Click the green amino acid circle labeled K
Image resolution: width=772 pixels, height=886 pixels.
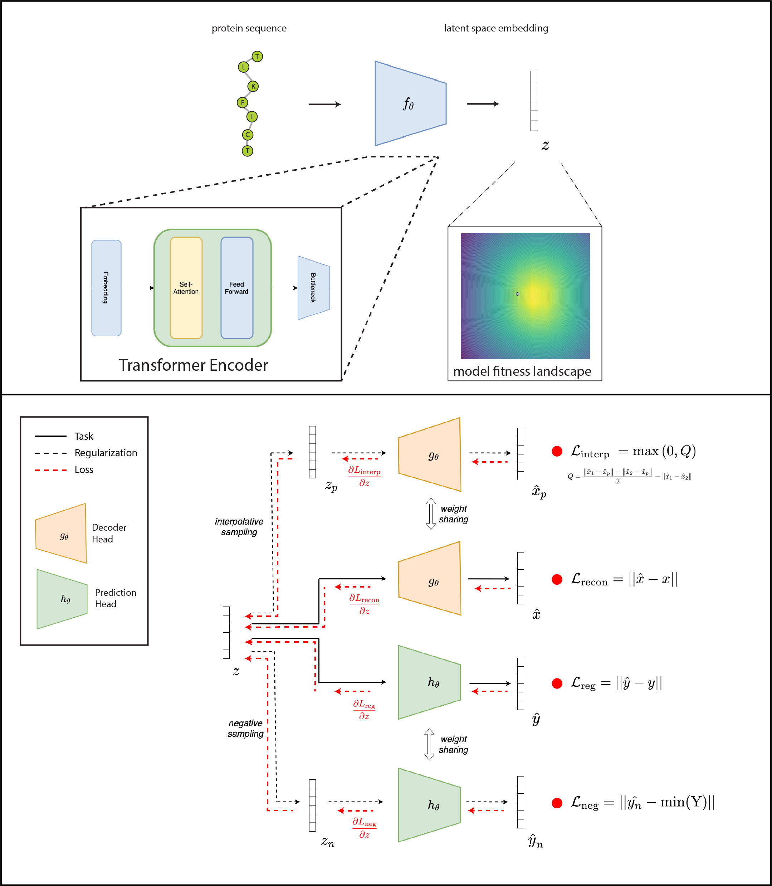click(253, 86)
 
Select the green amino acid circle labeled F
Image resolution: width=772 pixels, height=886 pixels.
click(243, 103)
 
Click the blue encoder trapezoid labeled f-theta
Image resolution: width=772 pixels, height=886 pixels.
click(410, 103)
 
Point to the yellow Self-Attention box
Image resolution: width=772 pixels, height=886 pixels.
click(186, 288)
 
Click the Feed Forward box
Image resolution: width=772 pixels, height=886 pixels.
click(236, 288)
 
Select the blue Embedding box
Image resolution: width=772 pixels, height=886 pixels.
click(106, 288)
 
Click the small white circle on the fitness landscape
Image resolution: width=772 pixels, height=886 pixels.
click(517, 294)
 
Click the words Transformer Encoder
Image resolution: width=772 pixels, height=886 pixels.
click(194, 365)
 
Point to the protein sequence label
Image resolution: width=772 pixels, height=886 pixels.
click(249, 28)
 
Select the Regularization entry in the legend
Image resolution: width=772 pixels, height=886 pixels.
click(106, 453)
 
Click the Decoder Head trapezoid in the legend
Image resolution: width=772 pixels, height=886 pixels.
click(61, 534)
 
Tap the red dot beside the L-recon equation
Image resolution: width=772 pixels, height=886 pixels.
click(557, 579)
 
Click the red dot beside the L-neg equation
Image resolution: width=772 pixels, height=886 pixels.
click(557, 803)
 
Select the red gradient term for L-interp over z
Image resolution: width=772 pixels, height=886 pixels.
click(364, 476)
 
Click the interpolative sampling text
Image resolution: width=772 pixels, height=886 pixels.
click(239, 527)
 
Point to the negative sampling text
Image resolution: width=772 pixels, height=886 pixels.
click(245, 728)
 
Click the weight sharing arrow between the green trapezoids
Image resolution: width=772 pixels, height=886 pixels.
click(429, 744)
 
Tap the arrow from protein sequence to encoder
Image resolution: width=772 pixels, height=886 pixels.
click(324, 104)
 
